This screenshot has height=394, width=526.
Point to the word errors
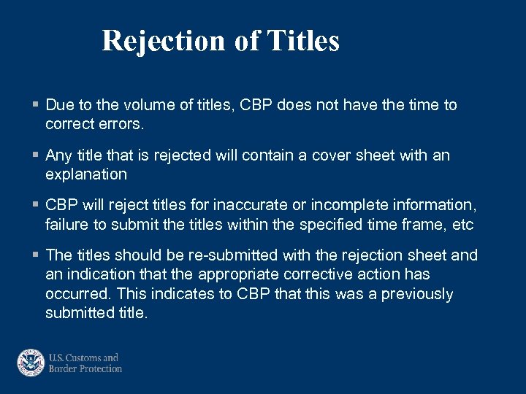coord(121,124)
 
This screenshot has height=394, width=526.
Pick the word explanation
coord(85,174)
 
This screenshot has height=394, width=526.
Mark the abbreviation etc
coord(462,225)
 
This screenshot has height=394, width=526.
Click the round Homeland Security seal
coord(31,363)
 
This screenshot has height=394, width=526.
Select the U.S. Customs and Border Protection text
coord(84,363)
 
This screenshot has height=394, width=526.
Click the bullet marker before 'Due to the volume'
coord(36,105)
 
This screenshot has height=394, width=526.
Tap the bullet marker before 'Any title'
coord(36,155)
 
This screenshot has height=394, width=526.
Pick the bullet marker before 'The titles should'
coord(36,255)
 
